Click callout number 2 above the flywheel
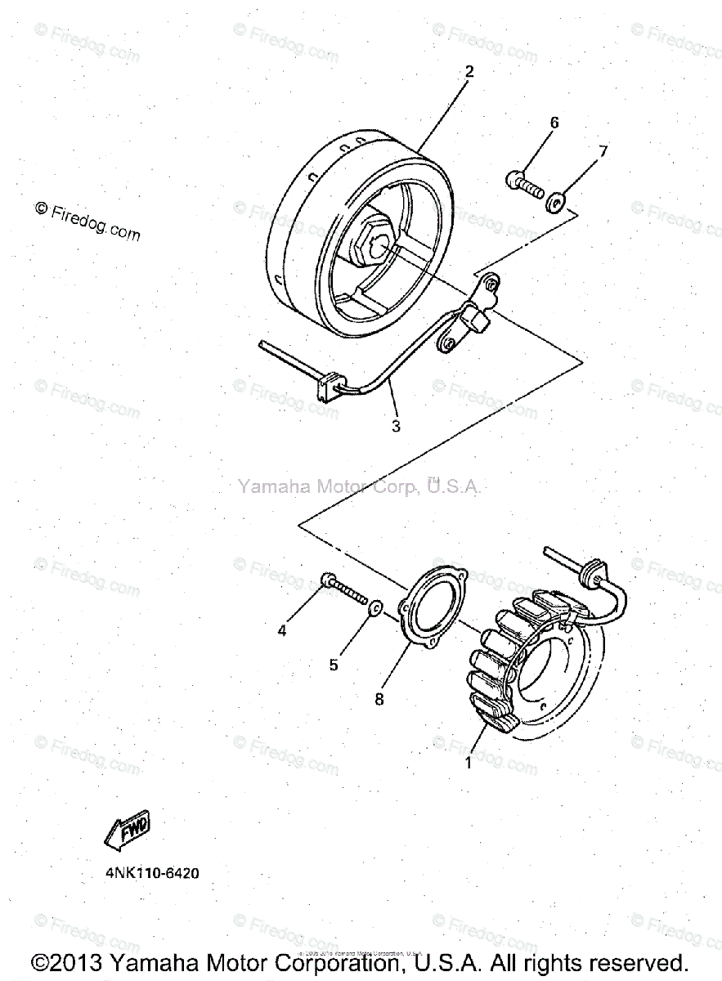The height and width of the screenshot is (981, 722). (x=469, y=71)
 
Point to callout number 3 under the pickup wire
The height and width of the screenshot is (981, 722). (x=396, y=426)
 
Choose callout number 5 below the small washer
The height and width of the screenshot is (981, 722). (x=334, y=665)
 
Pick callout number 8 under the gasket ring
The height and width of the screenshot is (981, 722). (x=379, y=699)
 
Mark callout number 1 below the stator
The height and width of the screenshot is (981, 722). (x=469, y=764)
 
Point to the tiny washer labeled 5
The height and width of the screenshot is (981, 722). (x=374, y=607)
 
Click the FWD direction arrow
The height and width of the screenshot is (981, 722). (x=128, y=831)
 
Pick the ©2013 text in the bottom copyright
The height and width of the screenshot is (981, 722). (x=68, y=963)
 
